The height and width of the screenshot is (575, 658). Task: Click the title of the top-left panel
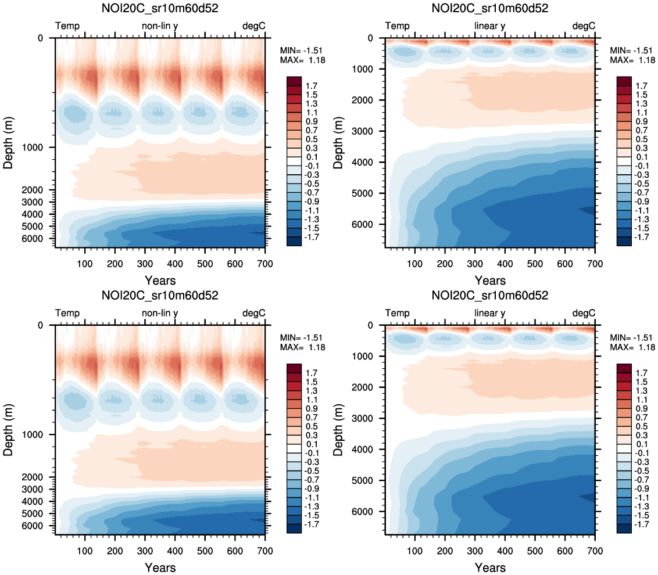[160, 8]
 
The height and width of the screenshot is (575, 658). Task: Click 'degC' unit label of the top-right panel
[584, 26]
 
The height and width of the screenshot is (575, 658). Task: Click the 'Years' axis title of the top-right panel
[490, 281]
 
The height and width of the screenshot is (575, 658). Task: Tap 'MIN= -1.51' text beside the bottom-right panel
[632, 337]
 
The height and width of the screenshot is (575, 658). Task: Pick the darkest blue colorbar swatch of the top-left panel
[294, 242]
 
